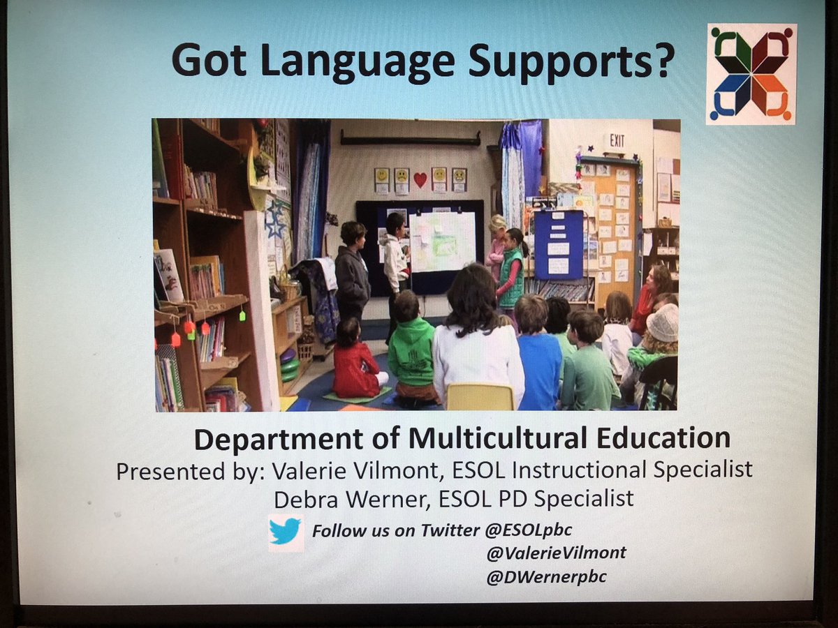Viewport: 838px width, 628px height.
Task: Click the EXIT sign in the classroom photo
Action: pos(616,140)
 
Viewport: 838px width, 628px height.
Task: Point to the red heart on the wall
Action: pos(420,179)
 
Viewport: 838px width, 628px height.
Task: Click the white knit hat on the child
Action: pos(662,322)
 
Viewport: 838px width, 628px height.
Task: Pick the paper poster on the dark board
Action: pos(441,241)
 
